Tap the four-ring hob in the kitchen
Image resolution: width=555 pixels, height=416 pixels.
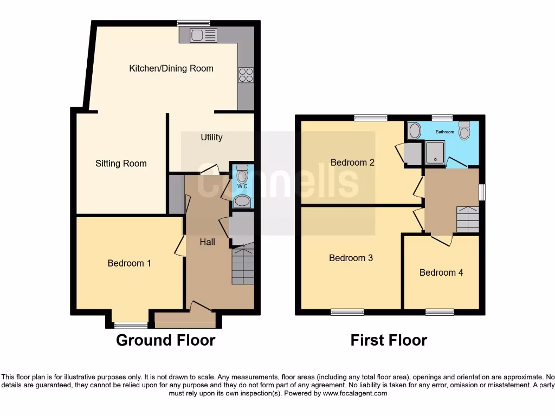246,75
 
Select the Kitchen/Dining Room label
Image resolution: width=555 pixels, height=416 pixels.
171,68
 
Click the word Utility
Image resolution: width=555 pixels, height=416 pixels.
211,137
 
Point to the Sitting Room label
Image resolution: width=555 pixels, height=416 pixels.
121,163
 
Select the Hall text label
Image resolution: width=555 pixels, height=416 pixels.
208,242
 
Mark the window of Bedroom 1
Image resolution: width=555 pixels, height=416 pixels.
131,325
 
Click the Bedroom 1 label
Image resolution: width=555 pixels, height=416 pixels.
129,263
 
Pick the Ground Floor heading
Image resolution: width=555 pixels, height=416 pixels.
166,340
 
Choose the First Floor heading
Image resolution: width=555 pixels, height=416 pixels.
389,340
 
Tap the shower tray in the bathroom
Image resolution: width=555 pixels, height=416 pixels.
435,152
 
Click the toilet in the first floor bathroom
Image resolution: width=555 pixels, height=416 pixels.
464,131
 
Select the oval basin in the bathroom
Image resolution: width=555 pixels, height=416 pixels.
415,130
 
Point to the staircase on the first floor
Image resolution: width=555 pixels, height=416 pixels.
468,219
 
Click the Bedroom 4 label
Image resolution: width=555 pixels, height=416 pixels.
441,272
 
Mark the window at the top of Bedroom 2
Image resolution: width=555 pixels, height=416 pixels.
371,118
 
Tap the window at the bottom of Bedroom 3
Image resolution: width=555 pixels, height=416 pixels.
347,312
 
